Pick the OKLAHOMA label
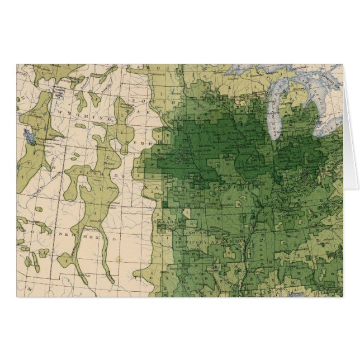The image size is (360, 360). pos(167,221)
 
